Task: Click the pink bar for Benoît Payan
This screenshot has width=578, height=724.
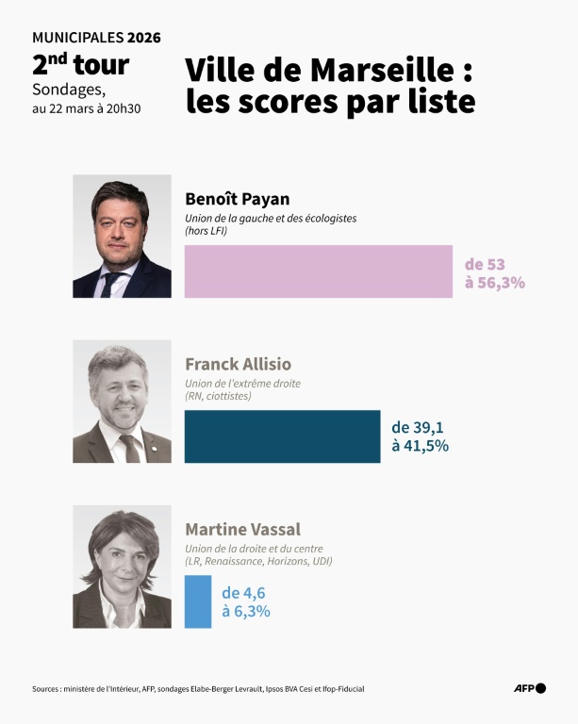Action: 319,271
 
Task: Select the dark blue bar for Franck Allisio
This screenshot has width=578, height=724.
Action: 282,436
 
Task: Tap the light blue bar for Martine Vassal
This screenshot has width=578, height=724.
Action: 198,601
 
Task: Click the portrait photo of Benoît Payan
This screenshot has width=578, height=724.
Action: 122,237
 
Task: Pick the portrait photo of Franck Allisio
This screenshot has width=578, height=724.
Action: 122,402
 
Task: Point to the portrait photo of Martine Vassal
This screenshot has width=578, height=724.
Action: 122,567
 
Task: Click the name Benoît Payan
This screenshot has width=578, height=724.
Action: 237,199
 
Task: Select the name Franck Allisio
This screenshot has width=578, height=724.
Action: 238,364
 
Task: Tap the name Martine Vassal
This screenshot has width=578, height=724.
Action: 242,529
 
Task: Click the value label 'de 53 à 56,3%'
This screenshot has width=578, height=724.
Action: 494,272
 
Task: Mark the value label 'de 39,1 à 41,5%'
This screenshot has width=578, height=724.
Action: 420,436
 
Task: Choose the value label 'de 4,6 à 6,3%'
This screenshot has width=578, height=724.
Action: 246,601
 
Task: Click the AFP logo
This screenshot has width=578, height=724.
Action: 530,688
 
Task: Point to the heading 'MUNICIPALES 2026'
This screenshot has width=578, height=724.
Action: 96,38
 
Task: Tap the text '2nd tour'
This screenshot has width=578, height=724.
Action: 80,66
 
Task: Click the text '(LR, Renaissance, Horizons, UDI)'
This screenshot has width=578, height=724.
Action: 258,561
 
